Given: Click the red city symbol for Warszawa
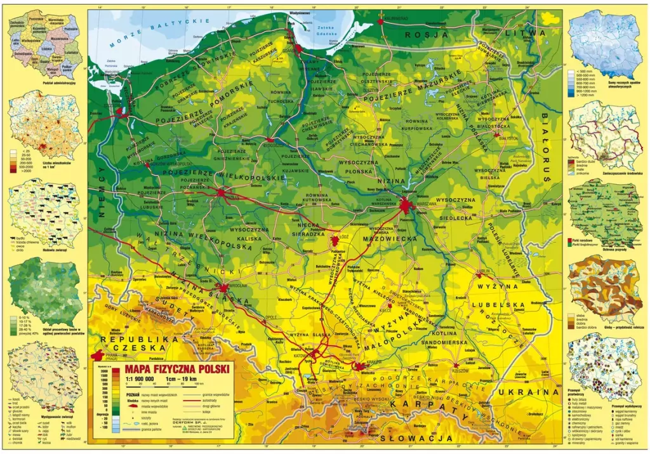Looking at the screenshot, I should [406, 204].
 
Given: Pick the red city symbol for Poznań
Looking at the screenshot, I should [221, 191].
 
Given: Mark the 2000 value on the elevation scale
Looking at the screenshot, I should [102, 370].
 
